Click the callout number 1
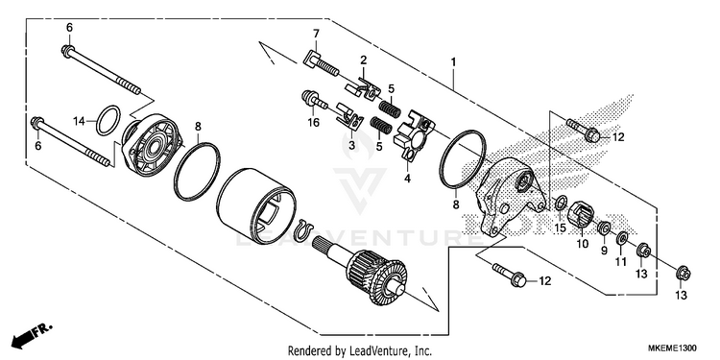coord(453,61)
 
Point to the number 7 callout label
coord(316,34)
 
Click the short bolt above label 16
coord(314,100)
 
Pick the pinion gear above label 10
coord(581,214)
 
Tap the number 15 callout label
coord(560,228)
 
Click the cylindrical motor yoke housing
coord(256,202)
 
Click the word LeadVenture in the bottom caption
coord(372,351)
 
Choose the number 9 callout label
coord(604,251)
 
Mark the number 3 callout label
coord(351,146)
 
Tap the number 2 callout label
coord(363,60)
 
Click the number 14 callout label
coord(79,121)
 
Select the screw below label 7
coord(322,63)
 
